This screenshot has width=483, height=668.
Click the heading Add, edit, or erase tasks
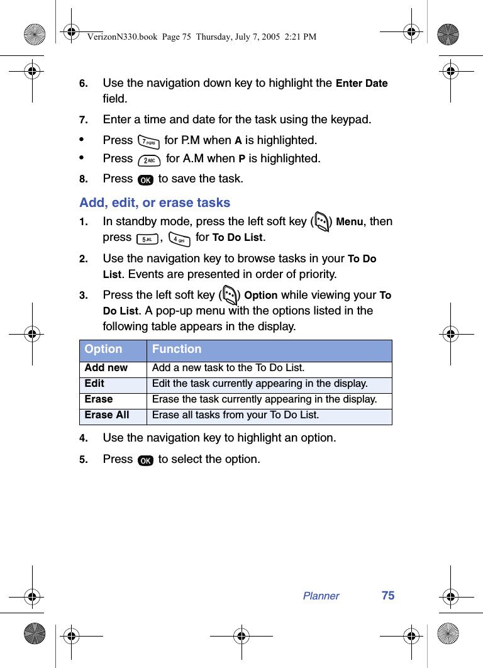155,203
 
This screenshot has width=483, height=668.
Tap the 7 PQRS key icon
148,142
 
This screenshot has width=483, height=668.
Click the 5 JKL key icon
147,238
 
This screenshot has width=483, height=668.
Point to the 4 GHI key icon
179,239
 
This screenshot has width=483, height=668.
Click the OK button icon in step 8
145,180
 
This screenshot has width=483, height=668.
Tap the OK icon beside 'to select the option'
145,460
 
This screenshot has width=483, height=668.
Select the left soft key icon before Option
229,296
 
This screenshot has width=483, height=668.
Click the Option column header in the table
104,349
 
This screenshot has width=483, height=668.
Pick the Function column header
177,349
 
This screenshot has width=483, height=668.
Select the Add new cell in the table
106,368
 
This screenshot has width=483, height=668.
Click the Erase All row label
107,415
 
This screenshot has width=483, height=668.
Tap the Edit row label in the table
95,384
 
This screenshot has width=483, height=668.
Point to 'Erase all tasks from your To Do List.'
235,415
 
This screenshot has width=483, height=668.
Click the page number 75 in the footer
388,596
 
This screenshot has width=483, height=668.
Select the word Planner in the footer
321,596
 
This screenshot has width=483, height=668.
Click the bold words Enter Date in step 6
362,84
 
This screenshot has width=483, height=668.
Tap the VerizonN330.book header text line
202,37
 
